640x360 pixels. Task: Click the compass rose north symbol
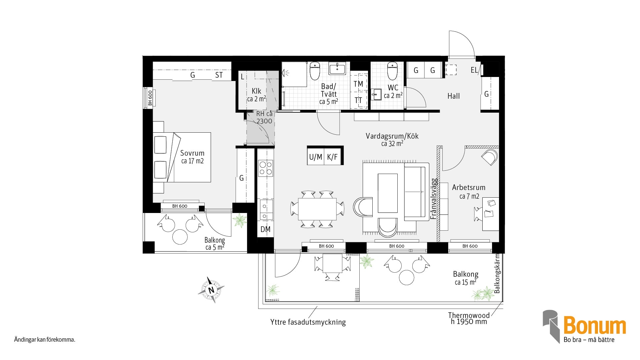pyautogui.click(x=211, y=290)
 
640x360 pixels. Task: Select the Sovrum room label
pyautogui.click(x=192, y=153)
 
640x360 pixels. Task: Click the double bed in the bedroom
pyautogui.click(x=182, y=157)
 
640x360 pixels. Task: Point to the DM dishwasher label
pyautogui.click(x=265, y=229)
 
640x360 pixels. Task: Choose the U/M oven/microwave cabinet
pyautogui.click(x=316, y=157)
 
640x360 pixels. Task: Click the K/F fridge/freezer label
pyautogui.click(x=332, y=157)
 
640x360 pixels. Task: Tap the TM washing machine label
pyautogui.click(x=358, y=84)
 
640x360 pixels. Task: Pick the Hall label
pyautogui.click(x=453, y=96)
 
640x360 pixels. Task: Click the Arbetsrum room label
pyautogui.click(x=469, y=187)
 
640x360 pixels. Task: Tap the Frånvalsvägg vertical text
pyautogui.click(x=434, y=199)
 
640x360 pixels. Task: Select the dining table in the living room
pyautogui.click(x=317, y=209)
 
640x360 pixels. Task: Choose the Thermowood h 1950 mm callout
pyautogui.click(x=469, y=318)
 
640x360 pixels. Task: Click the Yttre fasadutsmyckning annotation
pyautogui.click(x=308, y=322)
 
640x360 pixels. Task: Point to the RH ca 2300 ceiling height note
pyautogui.click(x=264, y=117)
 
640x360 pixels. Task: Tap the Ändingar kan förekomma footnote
pyautogui.click(x=45, y=340)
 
